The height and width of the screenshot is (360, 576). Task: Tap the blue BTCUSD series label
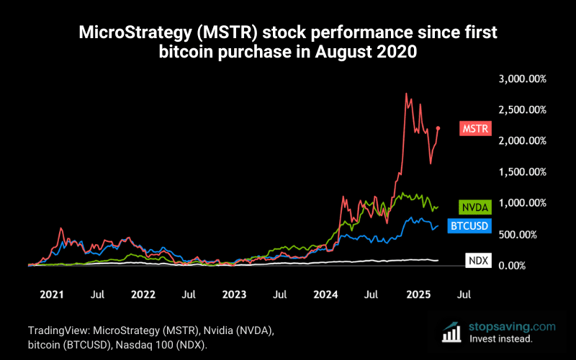469,226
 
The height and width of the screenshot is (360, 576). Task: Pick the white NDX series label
477,261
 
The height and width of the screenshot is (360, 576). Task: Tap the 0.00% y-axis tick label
531,266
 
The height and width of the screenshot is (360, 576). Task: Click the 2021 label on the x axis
52,294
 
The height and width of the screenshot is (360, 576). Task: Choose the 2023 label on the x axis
235,294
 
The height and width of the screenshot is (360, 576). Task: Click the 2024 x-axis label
326,294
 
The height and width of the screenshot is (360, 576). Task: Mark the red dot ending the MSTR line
438,128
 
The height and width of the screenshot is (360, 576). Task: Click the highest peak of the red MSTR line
407,94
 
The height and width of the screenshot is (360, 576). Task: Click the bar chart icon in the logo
452,331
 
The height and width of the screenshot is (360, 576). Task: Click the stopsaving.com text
512,325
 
